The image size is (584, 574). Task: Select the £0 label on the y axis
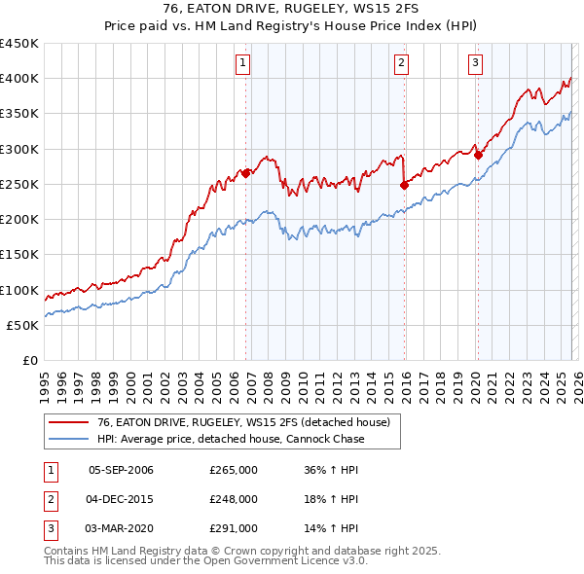click(x=29, y=361)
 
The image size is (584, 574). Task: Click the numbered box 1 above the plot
click(x=242, y=64)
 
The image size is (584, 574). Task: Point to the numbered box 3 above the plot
click(x=476, y=64)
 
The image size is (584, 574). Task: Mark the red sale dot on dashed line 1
click(x=245, y=173)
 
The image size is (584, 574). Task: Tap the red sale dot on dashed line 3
click(x=478, y=154)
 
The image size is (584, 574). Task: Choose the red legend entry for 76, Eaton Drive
click(x=243, y=422)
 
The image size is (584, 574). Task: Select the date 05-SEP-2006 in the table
click(x=121, y=470)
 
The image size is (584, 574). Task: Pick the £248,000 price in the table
click(x=234, y=499)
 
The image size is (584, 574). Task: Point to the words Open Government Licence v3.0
click(x=291, y=561)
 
